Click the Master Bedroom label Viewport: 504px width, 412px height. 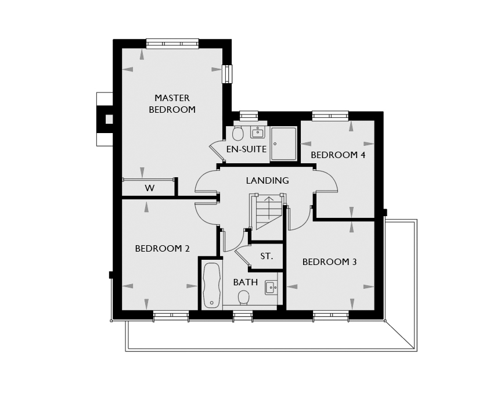point(172,103)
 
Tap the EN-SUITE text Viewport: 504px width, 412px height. point(247,149)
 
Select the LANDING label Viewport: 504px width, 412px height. point(268,180)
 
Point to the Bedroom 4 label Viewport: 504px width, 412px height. point(338,155)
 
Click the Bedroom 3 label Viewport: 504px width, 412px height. point(329,262)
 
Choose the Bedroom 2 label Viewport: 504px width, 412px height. point(163,249)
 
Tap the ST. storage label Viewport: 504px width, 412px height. point(267,256)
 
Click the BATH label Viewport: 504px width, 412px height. point(246,282)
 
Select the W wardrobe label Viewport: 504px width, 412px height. point(149,188)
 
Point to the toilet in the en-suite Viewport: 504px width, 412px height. point(238,133)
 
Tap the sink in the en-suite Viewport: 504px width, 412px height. point(257,132)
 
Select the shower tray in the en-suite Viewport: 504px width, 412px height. point(283,144)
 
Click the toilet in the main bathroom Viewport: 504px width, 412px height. point(244,297)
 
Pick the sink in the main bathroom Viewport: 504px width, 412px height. point(271,287)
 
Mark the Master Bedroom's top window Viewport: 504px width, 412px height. point(172,44)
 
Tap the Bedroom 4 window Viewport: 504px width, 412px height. point(330,116)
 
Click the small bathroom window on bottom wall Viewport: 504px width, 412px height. point(243,316)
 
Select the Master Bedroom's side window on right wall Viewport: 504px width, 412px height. point(228,74)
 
